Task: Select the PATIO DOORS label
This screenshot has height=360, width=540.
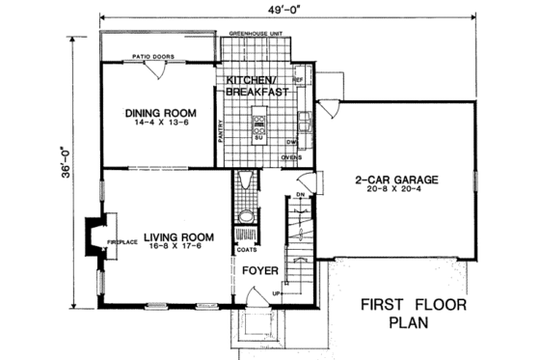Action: (153, 57)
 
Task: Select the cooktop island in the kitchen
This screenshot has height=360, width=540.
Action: (258, 125)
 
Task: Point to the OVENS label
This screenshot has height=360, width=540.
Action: (291, 156)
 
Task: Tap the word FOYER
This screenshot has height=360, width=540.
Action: (259, 271)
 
